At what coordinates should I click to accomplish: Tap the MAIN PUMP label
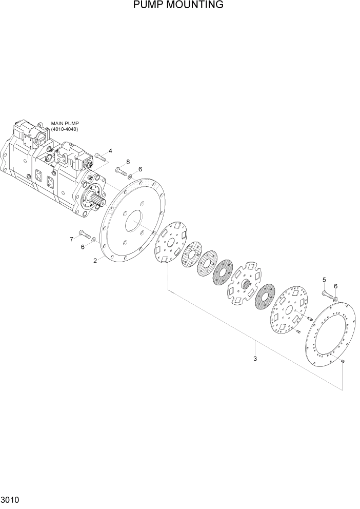point(65,124)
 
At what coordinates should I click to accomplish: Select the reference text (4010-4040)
point(65,130)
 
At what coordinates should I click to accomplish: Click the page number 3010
point(10,499)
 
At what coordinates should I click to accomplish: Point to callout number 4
point(110,151)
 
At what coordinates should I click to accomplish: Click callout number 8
point(128,162)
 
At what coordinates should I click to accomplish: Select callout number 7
point(71,239)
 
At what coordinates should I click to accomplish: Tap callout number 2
point(95,261)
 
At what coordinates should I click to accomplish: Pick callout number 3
point(255,359)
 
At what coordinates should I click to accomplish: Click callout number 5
point(324,280)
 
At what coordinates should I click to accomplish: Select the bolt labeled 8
point(121,171)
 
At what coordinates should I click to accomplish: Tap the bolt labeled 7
point(85,236)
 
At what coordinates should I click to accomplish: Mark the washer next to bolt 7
point(93,239)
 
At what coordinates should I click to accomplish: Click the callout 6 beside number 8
point(140,170)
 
